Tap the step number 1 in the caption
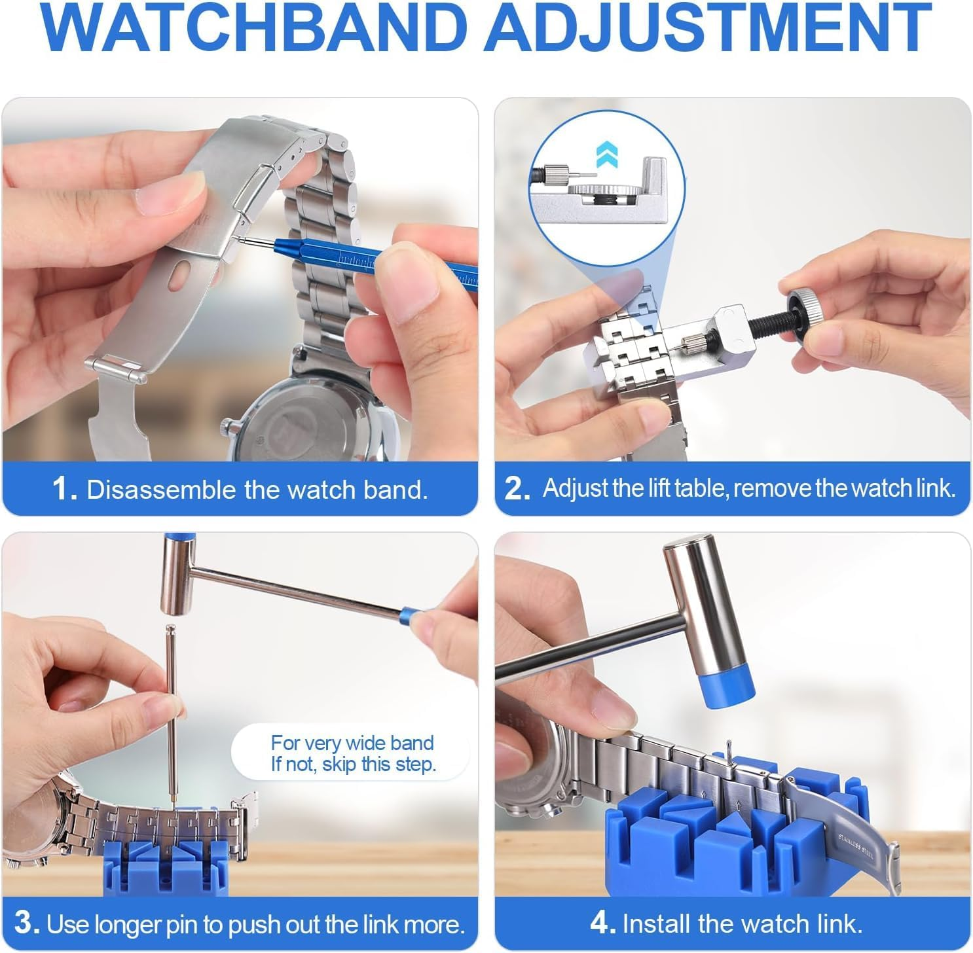pyautogui.click(x=64, y=490)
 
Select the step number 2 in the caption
pyautogui.click(x=517, y=490)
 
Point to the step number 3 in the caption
pyautogui.click(x=27, y=924)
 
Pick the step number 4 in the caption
pyautogui.click(x=602, y=924)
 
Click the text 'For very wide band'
pyautogui.click(x=352, y=743)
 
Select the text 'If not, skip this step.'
pyautogui.click(x=354, y=764)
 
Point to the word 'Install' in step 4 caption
pyautogui.click(x=657, y=924)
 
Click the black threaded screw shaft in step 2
pyautogui.click(x=760, y=327)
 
